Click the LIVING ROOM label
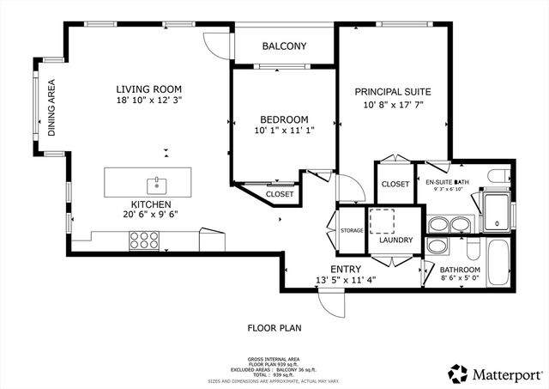tap(149, 88)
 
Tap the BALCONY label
tap(284, 46)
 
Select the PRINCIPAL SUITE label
tap(393, 91)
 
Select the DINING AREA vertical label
tap(51, 108)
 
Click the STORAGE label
tap(352, 230)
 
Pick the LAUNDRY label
tap(395, 240)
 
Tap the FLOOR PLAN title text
tap(274, 327)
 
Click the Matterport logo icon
tap(458, 374)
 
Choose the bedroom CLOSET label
tap(280, 195)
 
